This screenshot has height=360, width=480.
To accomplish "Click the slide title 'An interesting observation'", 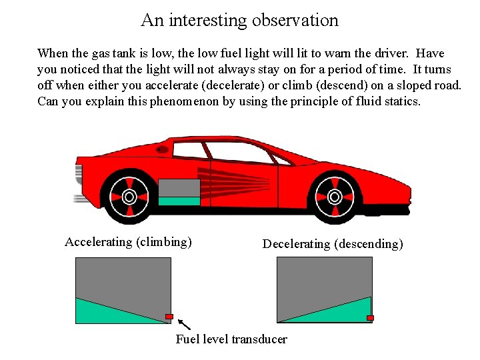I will pos(240,20).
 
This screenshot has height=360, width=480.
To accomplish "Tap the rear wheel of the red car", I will pos(129,196).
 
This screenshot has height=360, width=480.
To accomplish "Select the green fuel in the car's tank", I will pos(179,201).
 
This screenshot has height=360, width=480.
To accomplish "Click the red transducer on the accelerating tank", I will pos(169,316).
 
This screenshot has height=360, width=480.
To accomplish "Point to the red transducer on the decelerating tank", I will pos(370,317).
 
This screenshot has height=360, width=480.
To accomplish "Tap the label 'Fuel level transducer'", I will pos(231,339).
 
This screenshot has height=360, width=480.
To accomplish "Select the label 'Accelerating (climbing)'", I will pos(128,242).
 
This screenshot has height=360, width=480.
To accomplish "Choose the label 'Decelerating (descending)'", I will pos(333,244).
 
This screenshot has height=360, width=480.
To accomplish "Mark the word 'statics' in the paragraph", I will pos(401,102).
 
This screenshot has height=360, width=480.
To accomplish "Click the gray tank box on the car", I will pos(179,187).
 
